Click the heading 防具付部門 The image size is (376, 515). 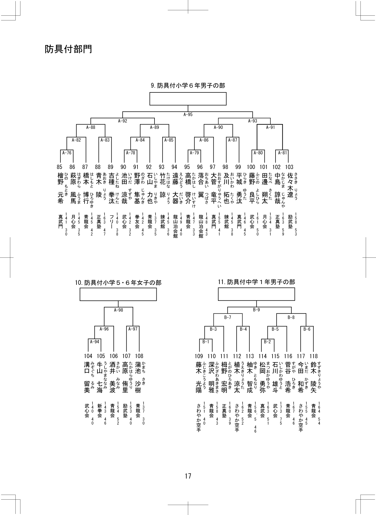pyautogui.click(x=68, y=49)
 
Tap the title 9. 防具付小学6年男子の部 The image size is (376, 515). pyautogui.click(x=188, y=86)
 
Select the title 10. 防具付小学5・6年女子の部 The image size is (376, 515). pyautogui.click(x=118, y=283)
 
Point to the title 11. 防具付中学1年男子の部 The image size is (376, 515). pyautogui.click(x=256, y=282)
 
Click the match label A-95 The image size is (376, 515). pyautogui.click(x=188, y=115)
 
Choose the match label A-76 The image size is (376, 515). pyautogui.click(x=67, y=153)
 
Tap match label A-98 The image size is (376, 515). pyautogui.click(x=118, y=310)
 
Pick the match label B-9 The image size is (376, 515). pyautogui.click(x=256, y=310)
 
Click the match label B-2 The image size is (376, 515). pyautogui.click(x=267, y=342)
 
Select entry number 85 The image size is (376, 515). pyautogui.click(x=60, y=167)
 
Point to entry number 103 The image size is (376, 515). pyautogui.click(x=289, y=167)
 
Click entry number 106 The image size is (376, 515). pyautogui.click(x=114, y=356)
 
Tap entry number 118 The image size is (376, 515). pyautogui.click(x=314, y=356)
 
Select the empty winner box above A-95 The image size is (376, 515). pyautogui.click(x=188, y=99)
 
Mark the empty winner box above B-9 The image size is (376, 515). pyautogui.click(x=256, y=294)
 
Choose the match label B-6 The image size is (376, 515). pyautogui.click(x=307, y=329)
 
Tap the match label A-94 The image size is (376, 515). pyautogui.click(x=95, y=342)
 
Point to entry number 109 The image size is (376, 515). pyautogui.click(x=199, y=356)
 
